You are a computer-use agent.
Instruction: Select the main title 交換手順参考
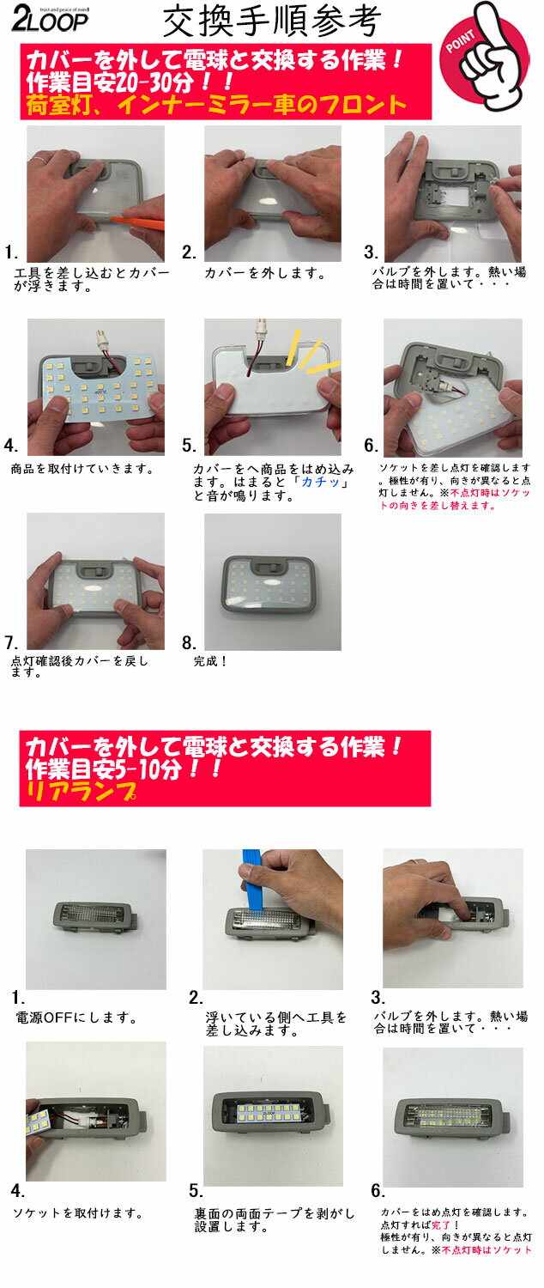[272, 22]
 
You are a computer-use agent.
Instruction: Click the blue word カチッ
[321, 482]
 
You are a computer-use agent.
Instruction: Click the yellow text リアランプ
[82, 792]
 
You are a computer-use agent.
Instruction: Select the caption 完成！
[210, 661]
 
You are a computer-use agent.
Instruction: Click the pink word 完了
[440, 1225]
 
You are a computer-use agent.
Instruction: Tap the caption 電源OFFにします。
[76, 1018]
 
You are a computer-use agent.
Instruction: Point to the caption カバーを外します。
[265, 273]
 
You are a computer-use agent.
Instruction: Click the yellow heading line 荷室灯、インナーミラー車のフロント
[216, 105]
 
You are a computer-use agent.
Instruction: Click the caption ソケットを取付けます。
[77, 1212]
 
